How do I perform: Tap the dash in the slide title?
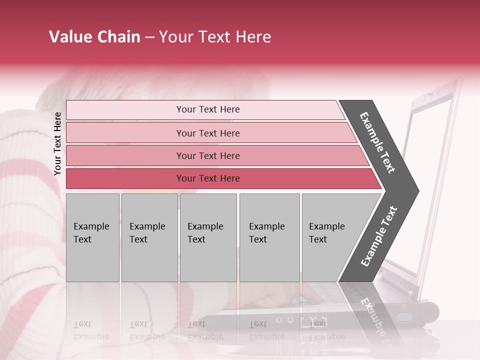click(x=149, y=37)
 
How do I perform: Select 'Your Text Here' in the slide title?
click(x=215, y=37)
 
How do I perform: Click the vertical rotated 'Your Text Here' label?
click(x=57, y=143)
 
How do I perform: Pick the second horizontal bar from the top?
click(x=207, y=133)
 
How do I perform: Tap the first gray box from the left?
click(x=92, y=237)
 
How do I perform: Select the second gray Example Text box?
click(x=149, y=237)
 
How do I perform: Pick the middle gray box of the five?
click(x=208, y=237)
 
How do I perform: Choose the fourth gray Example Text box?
click(x=269, y=237)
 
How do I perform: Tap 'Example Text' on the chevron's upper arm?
click(x=378, y=142)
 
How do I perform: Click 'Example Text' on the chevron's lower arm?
click(x=378, y=236)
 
